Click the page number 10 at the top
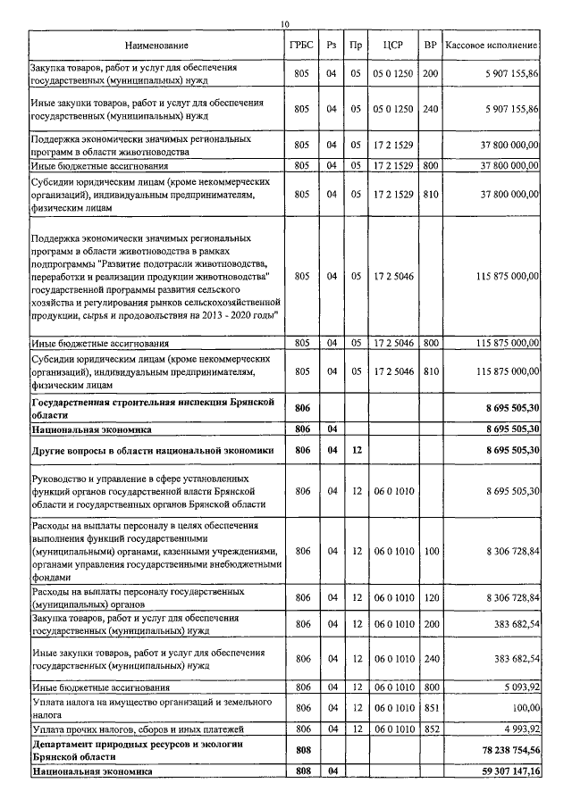click(x=284, y=23)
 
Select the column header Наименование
click(x=157, y=45)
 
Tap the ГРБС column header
click(x=301, y=45)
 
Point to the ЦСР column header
click(x=393, y=45)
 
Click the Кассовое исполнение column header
click(x=492, y=45)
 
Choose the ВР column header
click(x=431, y=45)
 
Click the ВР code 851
click(x=431, y=708)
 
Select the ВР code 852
click(x=431, y=729)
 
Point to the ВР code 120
click(x=431, y=596)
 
